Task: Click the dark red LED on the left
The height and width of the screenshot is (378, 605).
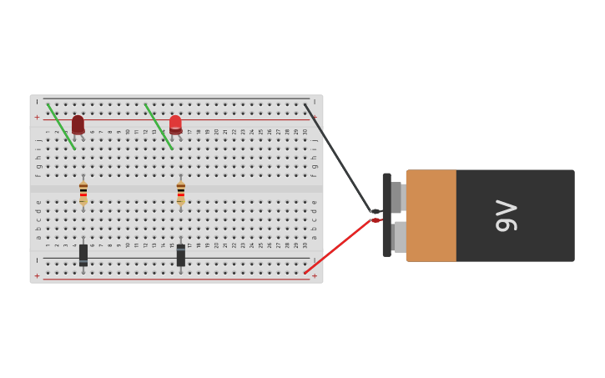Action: pos(78,124)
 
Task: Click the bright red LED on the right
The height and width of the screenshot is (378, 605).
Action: pos(175,124)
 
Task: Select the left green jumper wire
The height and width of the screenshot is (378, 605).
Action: pos(61,126)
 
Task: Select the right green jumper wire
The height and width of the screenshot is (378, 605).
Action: pos(159,126)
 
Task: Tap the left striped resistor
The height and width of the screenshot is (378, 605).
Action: pos(83,193)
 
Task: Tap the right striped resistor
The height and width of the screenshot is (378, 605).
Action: pos(180,193)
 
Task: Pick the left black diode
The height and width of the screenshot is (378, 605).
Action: pos(83,255)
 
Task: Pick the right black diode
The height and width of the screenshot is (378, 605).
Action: pos(180,255)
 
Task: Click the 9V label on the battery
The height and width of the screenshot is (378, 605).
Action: pos(506,216)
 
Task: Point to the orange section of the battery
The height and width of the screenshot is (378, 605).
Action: pos(431,216)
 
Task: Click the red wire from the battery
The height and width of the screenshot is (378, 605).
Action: pos(338,246)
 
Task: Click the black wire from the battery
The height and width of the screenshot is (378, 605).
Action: pos(338,158)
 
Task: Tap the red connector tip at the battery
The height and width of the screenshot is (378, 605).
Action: pos(376,220)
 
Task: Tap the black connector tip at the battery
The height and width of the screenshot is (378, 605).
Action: pos(376,212)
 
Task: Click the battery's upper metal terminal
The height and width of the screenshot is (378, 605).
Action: pos(398,198)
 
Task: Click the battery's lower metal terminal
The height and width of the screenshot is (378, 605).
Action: pos(400,237)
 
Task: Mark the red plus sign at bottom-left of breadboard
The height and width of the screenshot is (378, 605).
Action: pos(37,275)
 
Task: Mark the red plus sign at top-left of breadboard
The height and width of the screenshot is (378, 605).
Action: pos(37,118)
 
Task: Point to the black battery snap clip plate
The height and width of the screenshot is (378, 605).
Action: pos(386,214)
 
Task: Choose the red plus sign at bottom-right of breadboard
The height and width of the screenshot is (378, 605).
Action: pos(315,275)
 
